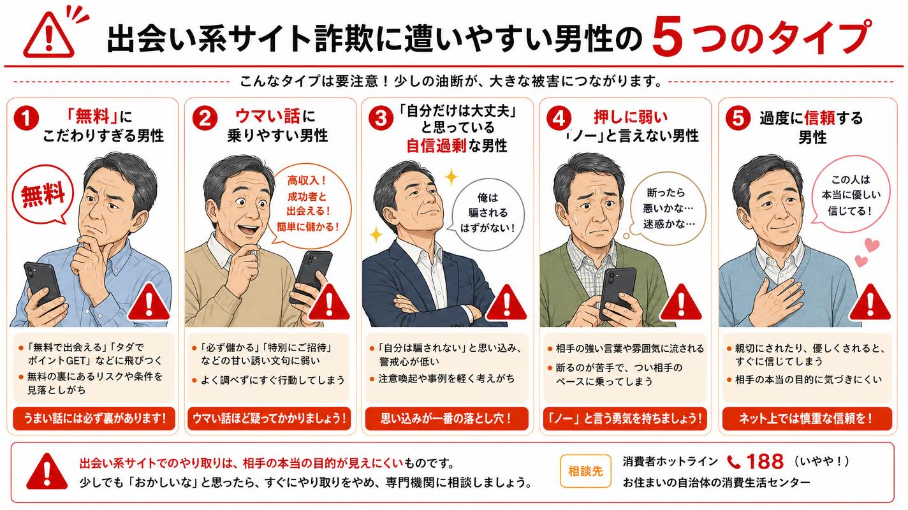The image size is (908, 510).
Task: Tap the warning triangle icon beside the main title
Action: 49,35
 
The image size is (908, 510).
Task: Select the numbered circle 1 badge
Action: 26,119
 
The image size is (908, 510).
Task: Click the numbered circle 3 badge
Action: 381,119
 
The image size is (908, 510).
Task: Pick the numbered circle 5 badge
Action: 738,119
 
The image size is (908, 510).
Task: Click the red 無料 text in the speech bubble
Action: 43,196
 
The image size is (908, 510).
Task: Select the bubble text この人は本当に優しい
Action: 851,195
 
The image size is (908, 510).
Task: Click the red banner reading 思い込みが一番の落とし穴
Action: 447,418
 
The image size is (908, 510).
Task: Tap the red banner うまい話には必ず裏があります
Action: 94,418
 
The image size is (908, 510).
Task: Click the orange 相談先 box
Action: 585,470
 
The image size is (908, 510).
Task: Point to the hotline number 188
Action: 765,462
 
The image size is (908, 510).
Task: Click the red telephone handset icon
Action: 734,462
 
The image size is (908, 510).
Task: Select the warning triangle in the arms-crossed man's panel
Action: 506,303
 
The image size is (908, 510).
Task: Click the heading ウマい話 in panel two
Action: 268,117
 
